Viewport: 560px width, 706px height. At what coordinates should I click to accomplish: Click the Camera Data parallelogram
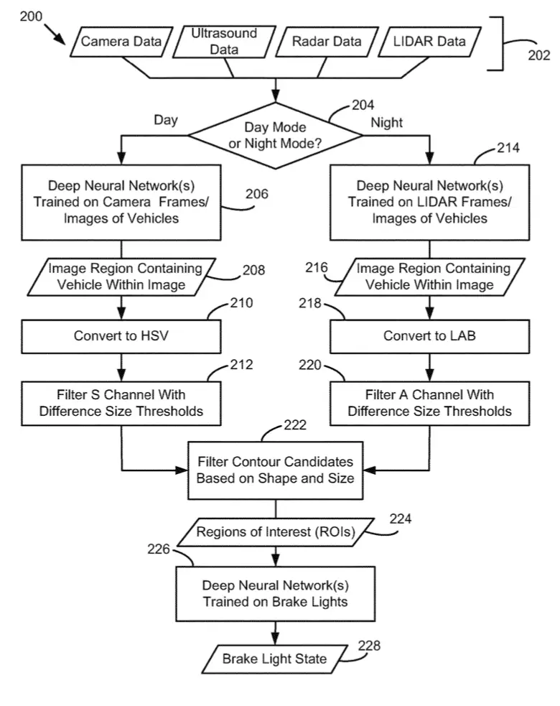(121, 42)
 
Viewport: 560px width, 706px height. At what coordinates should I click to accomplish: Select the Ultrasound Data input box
(224, 42)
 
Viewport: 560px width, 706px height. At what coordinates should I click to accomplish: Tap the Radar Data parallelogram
(327, 42)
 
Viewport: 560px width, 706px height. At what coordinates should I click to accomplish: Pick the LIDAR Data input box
(429, 42)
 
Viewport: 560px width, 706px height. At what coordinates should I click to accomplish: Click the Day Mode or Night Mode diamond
(275, 136)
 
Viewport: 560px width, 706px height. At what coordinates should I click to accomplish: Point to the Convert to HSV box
(121, 336)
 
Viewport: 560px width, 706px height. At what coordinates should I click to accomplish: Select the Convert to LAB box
(429, 336)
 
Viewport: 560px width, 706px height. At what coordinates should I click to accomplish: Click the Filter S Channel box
(121, 404)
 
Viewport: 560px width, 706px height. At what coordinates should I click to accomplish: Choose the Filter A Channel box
(429, 404)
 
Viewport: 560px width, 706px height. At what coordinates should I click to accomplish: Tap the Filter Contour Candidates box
(275, 470)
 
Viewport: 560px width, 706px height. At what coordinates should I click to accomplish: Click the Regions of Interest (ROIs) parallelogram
(276, 532)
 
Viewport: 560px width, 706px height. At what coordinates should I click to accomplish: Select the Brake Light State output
(274, 659)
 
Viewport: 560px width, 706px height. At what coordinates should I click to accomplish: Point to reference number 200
(31, 17)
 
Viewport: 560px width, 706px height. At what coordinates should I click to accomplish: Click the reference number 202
(539, 55)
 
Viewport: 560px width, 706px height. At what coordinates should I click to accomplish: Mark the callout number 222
(295, 425)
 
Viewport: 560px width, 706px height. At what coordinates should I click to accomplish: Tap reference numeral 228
(369, 646)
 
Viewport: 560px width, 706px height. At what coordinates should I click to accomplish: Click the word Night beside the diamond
(387, 123)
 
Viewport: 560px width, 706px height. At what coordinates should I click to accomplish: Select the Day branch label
(166, 120)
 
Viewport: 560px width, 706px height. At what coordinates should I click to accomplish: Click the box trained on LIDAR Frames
(429, 203)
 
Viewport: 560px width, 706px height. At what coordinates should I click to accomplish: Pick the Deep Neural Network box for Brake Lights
(275, 595)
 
